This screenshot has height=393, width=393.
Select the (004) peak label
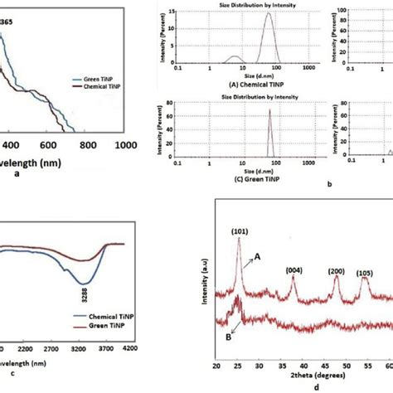point(318,270)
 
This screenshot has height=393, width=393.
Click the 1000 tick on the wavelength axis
point(125,143)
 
